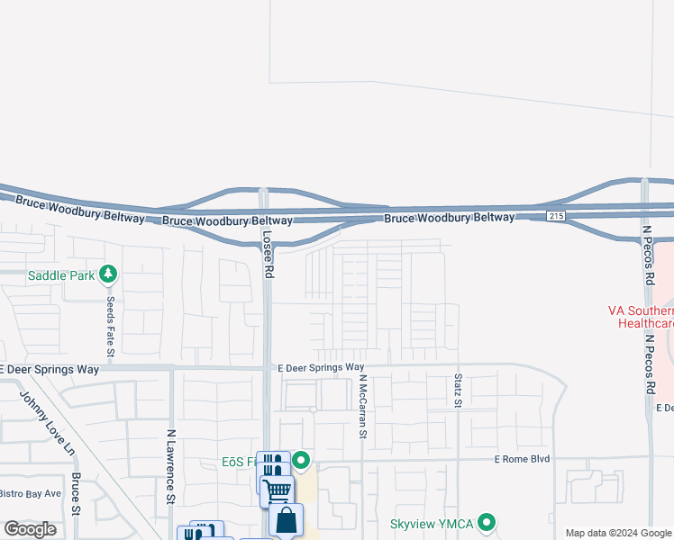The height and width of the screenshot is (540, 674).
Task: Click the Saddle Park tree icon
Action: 108,273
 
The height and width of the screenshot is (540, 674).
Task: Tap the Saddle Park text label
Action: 61,274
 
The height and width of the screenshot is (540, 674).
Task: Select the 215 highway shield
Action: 556,216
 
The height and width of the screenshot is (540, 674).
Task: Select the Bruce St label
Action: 76,493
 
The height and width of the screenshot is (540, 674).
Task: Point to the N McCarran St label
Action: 363,407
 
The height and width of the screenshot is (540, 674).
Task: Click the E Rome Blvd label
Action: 522,459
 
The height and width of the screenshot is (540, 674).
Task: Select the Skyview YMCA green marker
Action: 487,522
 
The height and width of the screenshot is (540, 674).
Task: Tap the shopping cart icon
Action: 278,490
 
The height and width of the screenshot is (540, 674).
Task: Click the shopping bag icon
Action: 287,520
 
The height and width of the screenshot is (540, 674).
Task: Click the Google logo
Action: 31,529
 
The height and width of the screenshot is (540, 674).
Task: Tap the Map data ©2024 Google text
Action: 618,533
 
